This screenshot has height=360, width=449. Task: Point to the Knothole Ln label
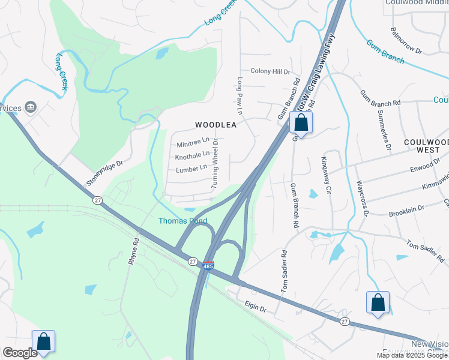coord(192,156)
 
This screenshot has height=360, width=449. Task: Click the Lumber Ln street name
coord(191,169)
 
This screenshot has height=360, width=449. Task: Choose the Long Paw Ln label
coord(239,95)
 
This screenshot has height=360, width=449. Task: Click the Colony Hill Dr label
coord(270,71)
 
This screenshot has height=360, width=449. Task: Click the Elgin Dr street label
coord(255,308)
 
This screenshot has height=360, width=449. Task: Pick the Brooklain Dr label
coord(406,210)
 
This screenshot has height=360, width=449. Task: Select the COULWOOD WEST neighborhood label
coord(426,146)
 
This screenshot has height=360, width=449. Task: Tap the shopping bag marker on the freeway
coord(301,123)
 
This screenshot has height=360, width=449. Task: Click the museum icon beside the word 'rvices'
coord(31,107)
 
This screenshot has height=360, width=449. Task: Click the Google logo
coord(20,353)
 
